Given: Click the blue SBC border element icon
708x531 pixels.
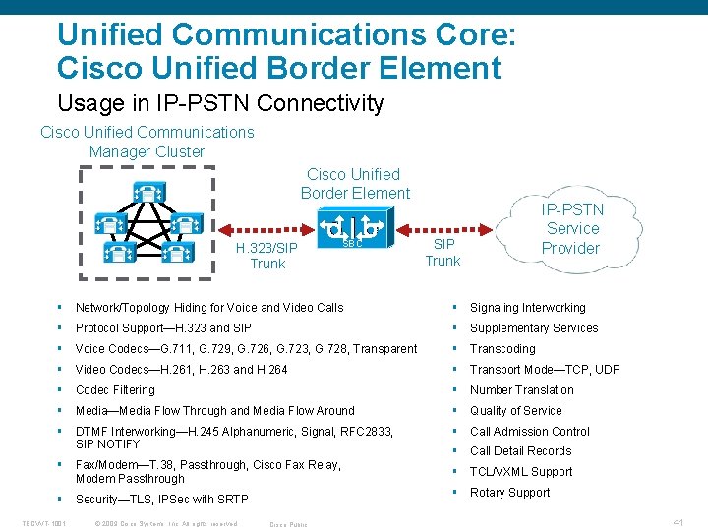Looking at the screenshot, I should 352,230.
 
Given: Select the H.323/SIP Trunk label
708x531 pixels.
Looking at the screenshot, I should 267,256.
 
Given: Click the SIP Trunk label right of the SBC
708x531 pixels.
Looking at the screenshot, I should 442,252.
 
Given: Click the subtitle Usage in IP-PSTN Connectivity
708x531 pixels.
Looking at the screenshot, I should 220,102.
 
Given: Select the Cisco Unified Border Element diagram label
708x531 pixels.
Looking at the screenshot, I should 355,184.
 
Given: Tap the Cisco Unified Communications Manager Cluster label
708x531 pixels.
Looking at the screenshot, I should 147,142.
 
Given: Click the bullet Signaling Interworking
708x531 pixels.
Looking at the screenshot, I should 527,308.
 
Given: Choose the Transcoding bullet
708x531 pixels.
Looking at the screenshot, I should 502,349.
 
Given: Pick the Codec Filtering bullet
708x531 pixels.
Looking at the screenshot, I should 115,390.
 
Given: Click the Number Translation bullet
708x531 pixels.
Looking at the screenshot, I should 521,390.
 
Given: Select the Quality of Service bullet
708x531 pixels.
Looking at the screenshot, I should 515,411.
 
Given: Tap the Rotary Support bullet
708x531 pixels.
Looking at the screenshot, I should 509,493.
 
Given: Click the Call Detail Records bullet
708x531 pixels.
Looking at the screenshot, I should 520,451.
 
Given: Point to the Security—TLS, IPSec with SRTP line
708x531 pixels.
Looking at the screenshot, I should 161,500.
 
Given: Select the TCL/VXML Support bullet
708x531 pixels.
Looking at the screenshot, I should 520,472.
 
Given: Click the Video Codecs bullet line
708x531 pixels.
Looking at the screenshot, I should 182,370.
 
